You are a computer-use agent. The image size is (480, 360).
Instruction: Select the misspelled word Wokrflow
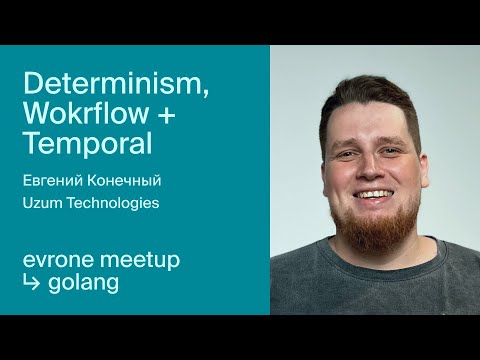(87, 115)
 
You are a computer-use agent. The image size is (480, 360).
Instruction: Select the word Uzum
(42, 203)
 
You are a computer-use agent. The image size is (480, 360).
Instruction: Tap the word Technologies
(113, 203)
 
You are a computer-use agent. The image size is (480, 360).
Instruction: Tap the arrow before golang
(32, 283)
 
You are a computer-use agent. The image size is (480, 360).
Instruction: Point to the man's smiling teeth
(376, 194)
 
